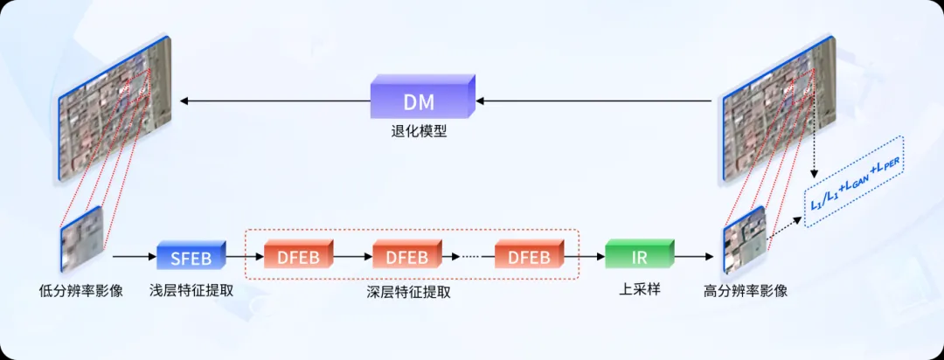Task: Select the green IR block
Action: (638, 256)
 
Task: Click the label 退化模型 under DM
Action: (420, 135)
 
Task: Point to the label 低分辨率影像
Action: (81, 290)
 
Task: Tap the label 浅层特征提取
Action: (191, 290)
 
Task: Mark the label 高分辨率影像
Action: (746, 290)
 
